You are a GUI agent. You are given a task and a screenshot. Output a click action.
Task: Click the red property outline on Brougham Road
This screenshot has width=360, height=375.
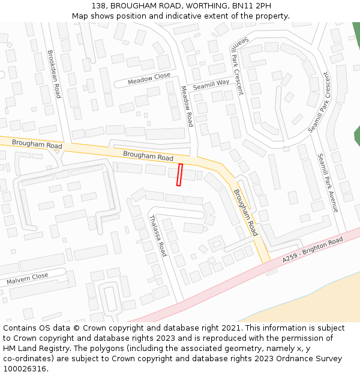click(x=179, y=175)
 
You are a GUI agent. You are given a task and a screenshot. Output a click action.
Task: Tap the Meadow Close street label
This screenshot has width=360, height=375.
click(x=149, y=79)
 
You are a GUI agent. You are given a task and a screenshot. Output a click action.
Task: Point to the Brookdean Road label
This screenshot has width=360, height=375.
click(x=54, y=74)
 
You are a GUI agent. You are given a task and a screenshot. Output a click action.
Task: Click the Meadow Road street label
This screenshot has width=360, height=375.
click(x=187, y=106)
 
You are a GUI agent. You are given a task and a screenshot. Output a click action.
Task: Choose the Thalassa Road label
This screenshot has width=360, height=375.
click(x=157, y=235)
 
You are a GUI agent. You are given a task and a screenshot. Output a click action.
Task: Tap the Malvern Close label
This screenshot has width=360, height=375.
click(x=27, y=279)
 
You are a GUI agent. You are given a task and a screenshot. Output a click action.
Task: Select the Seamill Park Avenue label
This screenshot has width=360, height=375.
click(x=328, y=182)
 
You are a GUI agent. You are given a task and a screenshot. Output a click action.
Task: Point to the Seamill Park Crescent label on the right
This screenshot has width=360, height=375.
click(x=319, y=104)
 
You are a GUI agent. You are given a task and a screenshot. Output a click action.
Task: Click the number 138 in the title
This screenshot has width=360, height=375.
click(x=100, y=6)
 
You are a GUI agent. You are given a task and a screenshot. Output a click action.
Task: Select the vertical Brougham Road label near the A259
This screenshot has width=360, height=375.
click(x=245, y=212)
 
